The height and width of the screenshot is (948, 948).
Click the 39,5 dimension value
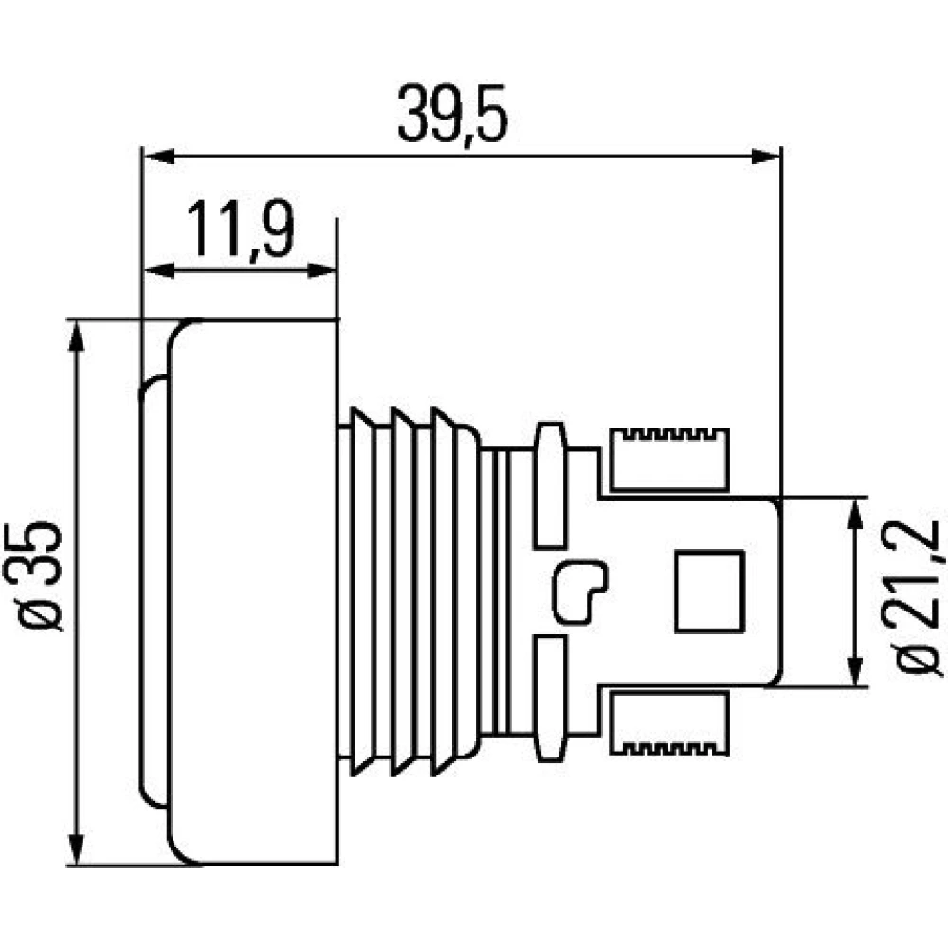[452, 115]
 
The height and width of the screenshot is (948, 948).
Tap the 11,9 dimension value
[241, 229]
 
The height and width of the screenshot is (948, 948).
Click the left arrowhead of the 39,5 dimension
[159, 157]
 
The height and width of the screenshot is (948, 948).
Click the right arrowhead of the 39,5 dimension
[765, 157]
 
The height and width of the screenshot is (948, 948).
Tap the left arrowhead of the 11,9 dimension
[159, 271]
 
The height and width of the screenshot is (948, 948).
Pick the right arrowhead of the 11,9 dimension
[320, 271]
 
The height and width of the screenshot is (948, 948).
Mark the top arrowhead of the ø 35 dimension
[76, 337]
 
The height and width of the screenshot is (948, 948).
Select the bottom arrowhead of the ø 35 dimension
[76, 848]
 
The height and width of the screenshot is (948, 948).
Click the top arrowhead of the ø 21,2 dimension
[854, 514]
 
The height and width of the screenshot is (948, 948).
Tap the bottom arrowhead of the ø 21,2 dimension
[854, 669]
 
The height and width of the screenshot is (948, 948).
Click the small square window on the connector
[709, 592]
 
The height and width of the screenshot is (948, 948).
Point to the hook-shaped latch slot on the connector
[579, 592]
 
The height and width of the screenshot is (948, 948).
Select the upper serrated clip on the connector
[668, 459]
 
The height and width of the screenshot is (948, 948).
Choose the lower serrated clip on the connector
[668, 723]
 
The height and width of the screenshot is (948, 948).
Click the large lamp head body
[252, 592]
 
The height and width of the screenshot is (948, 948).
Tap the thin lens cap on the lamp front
[153, 592]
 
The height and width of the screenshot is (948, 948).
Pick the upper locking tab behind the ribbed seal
[550, 484]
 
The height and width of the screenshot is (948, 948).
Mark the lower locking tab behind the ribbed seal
[550, 698]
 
